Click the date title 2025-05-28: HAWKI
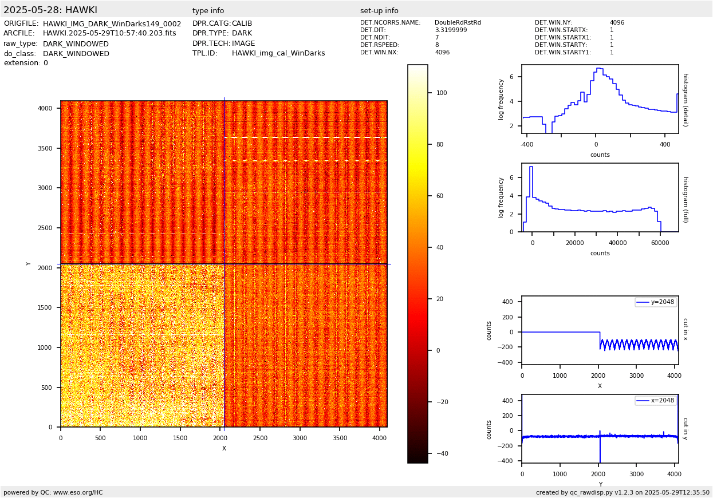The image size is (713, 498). [x=50, y=10]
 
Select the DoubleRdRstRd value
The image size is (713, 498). [x=458, y=23]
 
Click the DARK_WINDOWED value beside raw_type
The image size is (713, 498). [x=76, y=44]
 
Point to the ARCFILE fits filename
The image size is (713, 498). [x=109, y=34]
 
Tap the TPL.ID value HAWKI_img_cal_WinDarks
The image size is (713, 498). [x=278, y=54]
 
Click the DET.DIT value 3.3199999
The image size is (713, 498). [x=451, y=30]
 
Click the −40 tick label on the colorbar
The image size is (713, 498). [x=442, y=454]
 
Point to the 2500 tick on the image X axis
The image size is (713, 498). [x=260, y=438]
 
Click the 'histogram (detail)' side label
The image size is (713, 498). [x=685, y=100]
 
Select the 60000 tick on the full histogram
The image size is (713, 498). [x=660, y=243]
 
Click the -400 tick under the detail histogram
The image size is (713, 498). [x=527, y=144]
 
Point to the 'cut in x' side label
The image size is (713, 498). [x=685, y=330]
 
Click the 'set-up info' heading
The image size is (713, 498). [x=379, y=11]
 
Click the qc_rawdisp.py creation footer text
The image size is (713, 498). [x=623, y=492]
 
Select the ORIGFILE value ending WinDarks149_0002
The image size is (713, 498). [x=112, y=24]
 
